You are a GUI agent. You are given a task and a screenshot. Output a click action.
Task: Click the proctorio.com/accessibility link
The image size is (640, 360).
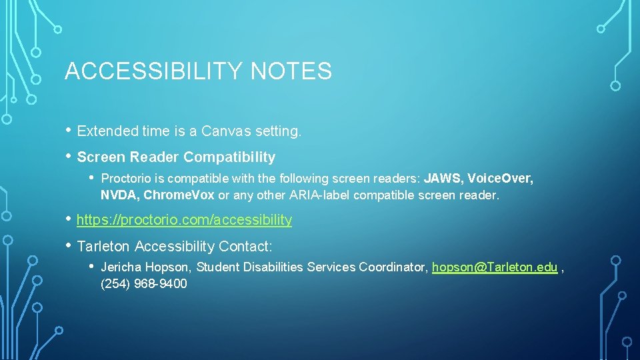point(184,219)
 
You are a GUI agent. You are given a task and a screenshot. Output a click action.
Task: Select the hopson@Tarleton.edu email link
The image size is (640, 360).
point(495,267)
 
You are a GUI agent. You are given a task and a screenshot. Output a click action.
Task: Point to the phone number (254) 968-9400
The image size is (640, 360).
point(143,284)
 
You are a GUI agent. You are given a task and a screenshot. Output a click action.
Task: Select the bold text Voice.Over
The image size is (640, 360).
point(500,179)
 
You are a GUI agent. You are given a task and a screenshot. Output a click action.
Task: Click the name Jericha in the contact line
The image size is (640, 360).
point(121,267)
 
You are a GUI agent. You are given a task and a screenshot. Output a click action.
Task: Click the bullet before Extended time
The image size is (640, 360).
point(68,131)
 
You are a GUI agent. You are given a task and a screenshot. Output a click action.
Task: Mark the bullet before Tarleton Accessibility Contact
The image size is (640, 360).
point(68,246)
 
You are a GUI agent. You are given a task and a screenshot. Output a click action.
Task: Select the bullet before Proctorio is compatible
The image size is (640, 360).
point(91,178)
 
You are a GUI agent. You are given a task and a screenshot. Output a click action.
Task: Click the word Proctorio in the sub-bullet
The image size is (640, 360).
point(125,179)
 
